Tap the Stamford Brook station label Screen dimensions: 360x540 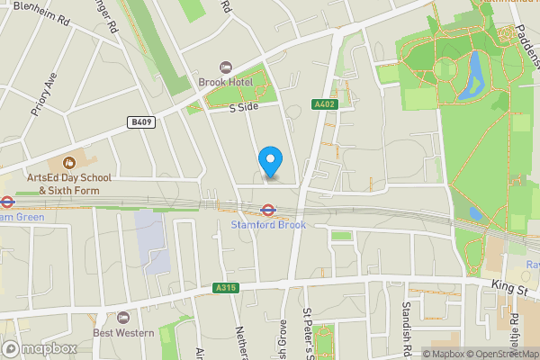tap(268, 225)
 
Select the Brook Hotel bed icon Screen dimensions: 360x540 tap(225, 67)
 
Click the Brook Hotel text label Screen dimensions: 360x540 tap(225, 83)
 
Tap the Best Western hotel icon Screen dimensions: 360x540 tap(123, 318)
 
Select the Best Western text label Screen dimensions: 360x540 tap(123, 334)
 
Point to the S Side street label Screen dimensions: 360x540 tap(243, 107)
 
